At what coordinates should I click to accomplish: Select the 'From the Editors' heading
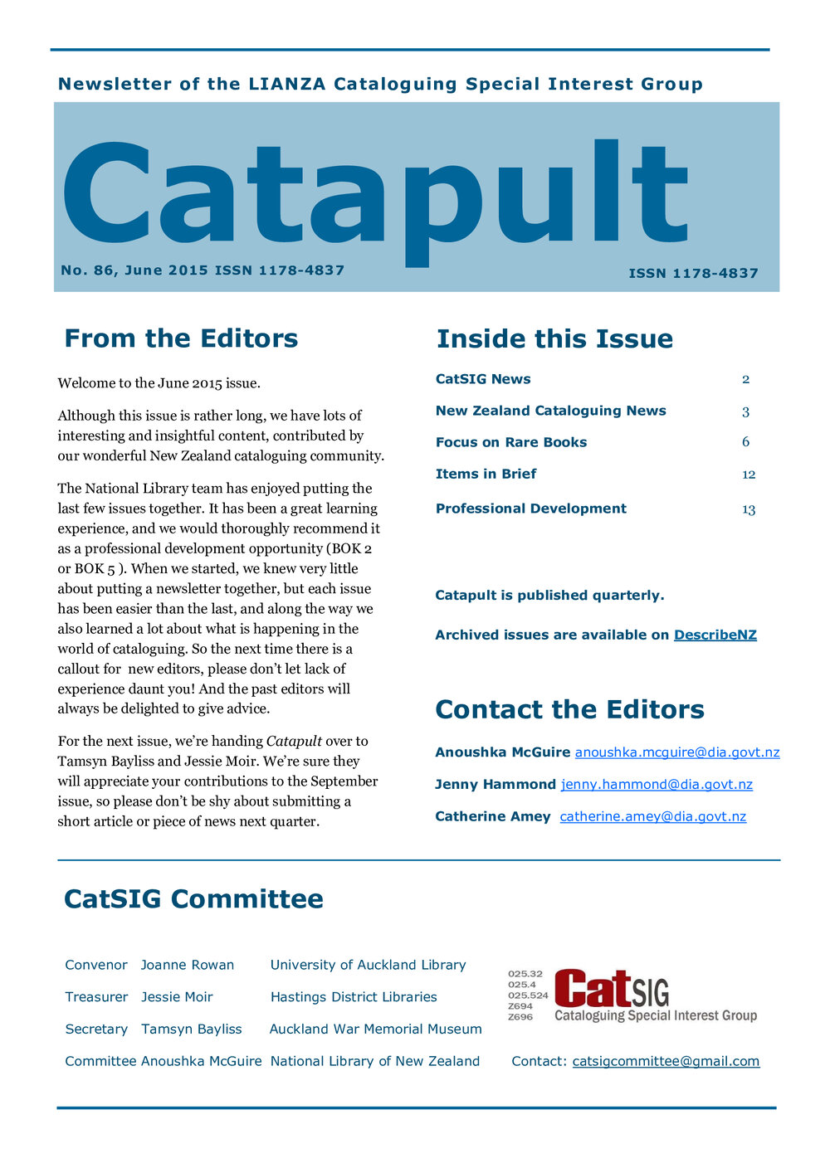coord(181,338)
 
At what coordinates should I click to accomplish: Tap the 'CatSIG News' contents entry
coord(483,379)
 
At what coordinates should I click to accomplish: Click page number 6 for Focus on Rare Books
coord(745,442)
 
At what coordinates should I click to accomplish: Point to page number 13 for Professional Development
coord(749,509)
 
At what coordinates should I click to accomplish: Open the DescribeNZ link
coord(715,635)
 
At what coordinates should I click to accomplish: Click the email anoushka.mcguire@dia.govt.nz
coord(677,752)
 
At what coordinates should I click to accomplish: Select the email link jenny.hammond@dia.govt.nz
coord(657,785)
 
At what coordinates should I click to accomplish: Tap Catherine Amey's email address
coord(652,816)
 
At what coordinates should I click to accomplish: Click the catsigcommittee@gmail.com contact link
coord(666,1061)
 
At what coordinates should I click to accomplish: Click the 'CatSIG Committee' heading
coord(193,899)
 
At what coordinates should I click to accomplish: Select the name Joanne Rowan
coord(188,965)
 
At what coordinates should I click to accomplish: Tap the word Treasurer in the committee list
coord(96,997)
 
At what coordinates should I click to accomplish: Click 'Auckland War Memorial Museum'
coord(375,1029)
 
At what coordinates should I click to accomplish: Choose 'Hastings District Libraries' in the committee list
coord(354,997)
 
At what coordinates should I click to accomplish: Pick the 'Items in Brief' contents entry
coord(486,474)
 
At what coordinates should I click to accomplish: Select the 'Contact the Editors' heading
coord(569,710)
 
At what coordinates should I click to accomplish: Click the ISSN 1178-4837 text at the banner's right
coord(693,273)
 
